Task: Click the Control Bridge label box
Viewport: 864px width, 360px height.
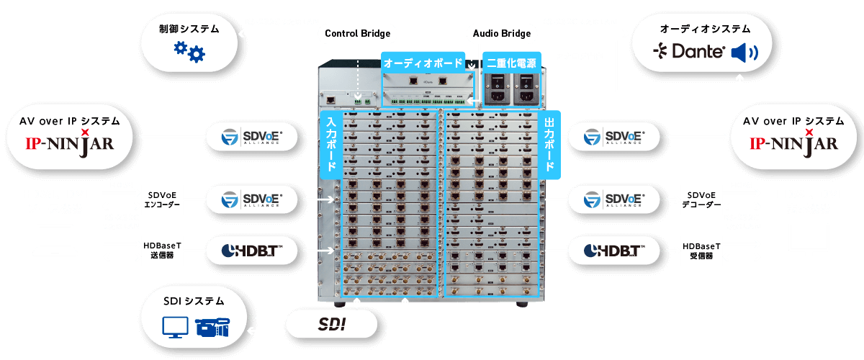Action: pyautogui.click(x=358, y=33)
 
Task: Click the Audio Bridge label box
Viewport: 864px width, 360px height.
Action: pyautogui.click(x=502, y=33)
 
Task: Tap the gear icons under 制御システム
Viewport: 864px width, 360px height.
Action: pyautogui.click(x=189, y=50)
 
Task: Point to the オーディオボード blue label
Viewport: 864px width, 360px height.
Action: pyautogui.click(x=423, y=63)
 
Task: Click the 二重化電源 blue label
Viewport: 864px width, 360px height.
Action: pyautogui.click(x=510, y=63)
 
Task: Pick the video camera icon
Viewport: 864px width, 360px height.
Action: pyautogui.click(x=212, y=328)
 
